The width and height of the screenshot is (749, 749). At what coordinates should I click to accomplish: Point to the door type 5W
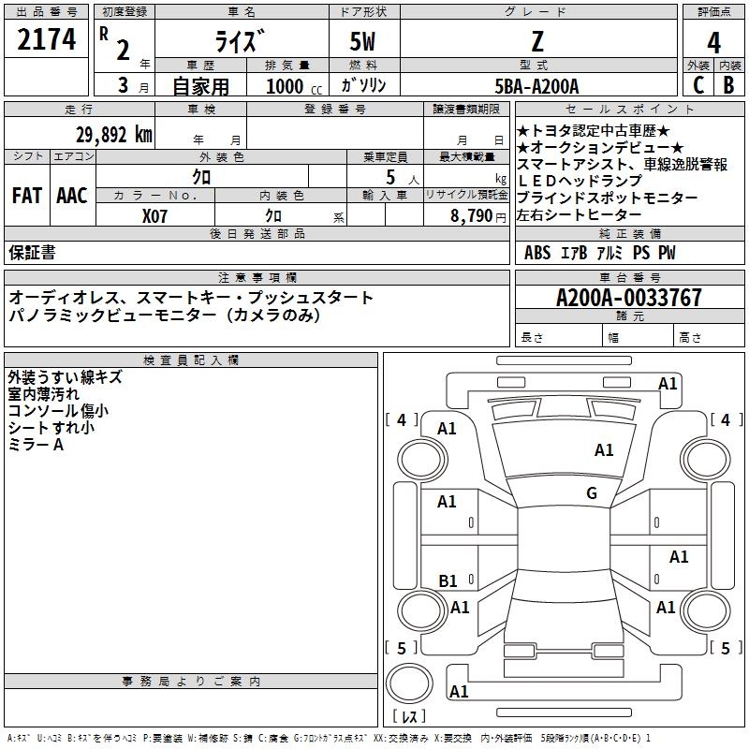pyautogui.click(x=364, y=42)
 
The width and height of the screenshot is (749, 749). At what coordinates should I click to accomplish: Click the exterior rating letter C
pyautogui.click(x=698, y=84)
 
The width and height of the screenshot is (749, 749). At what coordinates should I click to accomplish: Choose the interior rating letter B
pyautogui.click(x=728, y=84)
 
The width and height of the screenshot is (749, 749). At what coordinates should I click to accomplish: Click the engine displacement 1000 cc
pyautogui.click(x=286, y=86)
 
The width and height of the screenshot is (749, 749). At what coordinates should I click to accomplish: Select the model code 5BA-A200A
pyautogui.click(x=536, y=86)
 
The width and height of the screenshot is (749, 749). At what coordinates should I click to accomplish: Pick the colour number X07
pyautogui.click(x=155, y=215)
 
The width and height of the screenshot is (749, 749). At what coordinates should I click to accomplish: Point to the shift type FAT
pyautogui.click(x=26, y=196)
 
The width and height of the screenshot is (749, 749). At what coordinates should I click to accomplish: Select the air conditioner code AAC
pyautogui.click(x=71, y=196)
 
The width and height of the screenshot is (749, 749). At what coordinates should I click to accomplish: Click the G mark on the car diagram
pyautogui.click(x=592, y=493)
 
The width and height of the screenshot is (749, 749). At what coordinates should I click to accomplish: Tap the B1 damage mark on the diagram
pyautogui.click(x=448, y=581)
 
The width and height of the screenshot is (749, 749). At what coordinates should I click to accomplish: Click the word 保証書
pyautogui.click(x=32, y=253)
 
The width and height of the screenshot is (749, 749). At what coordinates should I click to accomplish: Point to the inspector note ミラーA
pyautogui.click(x=37, y=445)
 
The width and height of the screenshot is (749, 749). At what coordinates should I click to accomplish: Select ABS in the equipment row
pyautogui.click(x=537, y=253)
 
